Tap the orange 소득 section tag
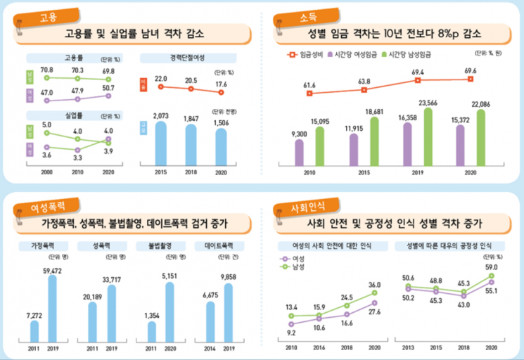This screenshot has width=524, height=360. click(286, 15)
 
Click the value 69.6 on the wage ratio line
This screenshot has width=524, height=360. click(470, 71)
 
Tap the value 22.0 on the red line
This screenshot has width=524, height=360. click(161, 78)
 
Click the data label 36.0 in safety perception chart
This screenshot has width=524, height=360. click(374, 284)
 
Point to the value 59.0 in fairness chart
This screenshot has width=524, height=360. click(491, 267)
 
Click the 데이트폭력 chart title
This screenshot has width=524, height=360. click(219, 246)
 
